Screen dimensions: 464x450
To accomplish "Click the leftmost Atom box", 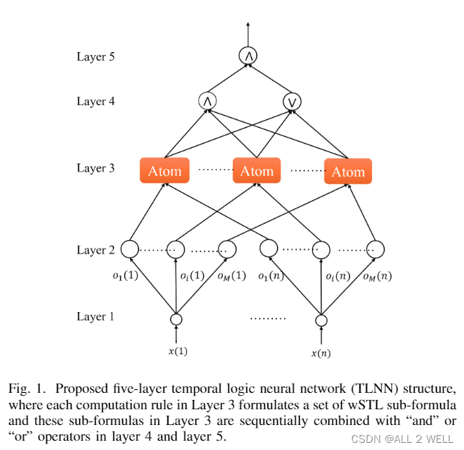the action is (164, 171).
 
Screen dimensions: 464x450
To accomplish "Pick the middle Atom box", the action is (256, 171).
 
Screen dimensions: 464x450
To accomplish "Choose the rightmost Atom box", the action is (348, 171).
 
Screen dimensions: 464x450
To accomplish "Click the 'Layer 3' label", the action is (96, 168).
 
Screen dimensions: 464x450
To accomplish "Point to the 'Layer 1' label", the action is (95, 316).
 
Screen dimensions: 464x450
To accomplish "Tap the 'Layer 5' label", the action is (96, 56).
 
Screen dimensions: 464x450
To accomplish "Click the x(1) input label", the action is (178, 351).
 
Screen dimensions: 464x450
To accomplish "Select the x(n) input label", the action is (321, 353).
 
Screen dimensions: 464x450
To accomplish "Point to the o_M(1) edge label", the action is (232, 276).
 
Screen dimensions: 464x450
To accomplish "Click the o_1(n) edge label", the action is (271, 276).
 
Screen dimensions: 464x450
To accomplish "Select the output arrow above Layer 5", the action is (248, 34).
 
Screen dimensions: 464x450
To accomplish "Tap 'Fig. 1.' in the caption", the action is (27, 389).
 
